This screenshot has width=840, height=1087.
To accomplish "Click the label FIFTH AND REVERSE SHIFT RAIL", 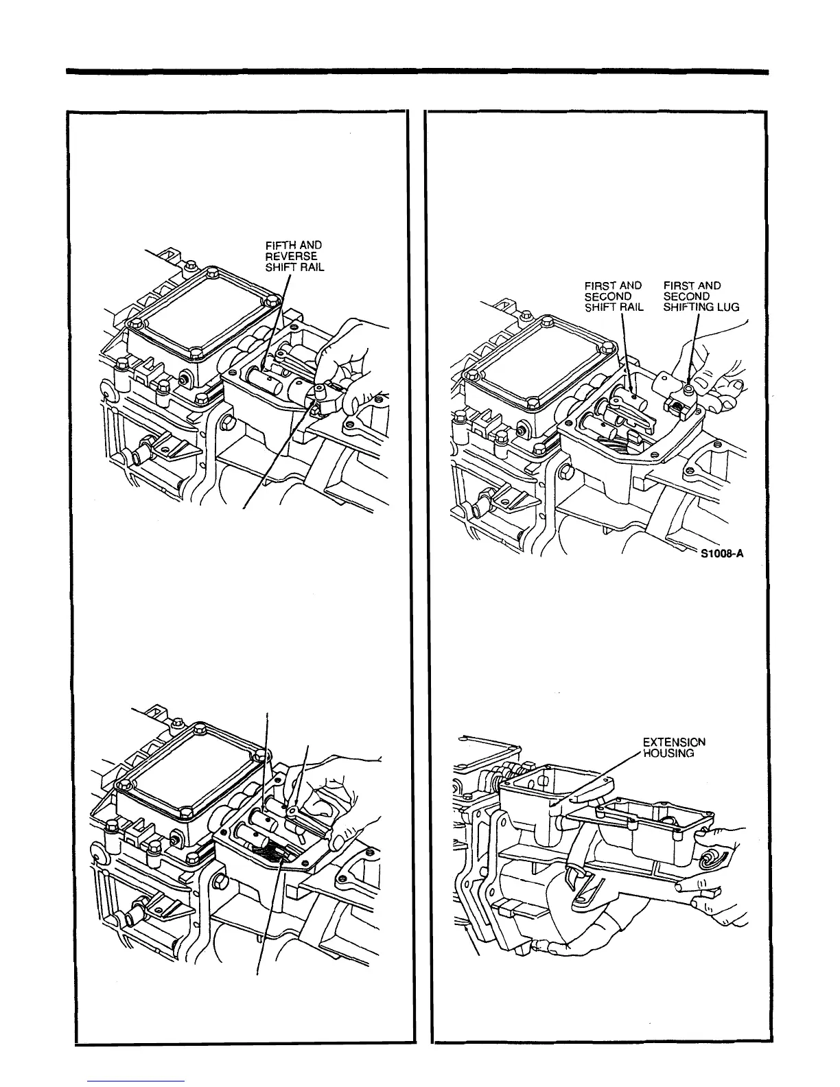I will click(294, 256).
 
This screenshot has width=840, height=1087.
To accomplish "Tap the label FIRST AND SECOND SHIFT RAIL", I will click(613, 296).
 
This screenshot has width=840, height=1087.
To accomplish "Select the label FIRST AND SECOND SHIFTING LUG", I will click(701, 296).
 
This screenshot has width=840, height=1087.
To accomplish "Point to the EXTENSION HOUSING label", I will click(673, 747).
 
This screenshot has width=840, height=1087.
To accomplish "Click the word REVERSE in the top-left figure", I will click(291, 256).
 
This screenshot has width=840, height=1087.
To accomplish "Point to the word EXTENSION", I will click(673, 742).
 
